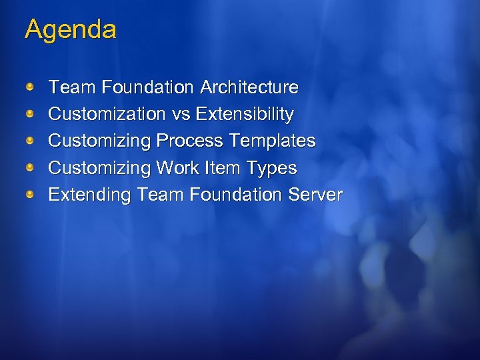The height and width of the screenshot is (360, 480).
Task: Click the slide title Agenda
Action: (x=71, y=30)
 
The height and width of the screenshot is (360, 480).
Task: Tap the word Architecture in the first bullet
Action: (x=249, y=87)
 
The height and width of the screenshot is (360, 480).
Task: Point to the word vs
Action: (x=181, y=115)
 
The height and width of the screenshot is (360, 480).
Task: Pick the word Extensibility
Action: (x=245, y=115)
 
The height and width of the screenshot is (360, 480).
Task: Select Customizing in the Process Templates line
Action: (x=100, y=141)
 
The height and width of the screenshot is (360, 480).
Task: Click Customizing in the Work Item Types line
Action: (x=100, y=168)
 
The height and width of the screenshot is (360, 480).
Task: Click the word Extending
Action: (x=90, y=195)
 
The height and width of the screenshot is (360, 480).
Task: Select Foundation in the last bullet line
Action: (x=235, y=195)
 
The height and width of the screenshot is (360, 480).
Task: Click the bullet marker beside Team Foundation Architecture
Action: (x=30, y=87)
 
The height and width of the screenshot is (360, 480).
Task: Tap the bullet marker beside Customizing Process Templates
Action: (x=30, y=141)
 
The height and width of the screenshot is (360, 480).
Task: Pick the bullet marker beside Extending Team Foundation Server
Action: (x=30, y=195)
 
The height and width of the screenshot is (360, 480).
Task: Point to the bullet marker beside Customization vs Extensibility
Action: (x=30, y=114)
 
